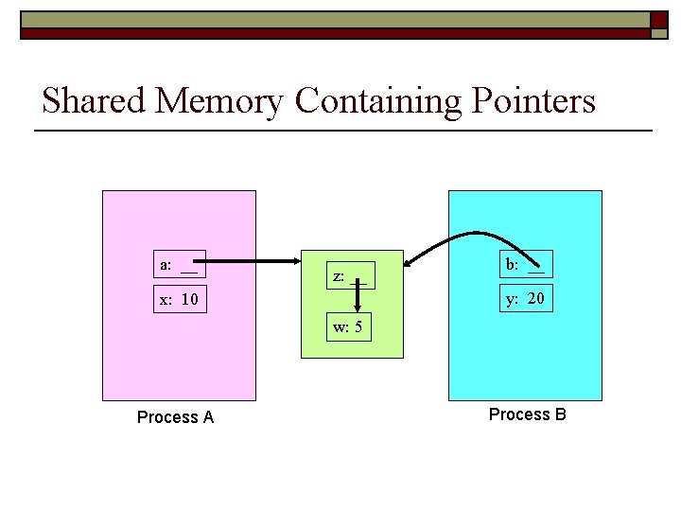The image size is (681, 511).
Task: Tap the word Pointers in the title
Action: (527, 100)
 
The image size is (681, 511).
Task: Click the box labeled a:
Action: (180, 265)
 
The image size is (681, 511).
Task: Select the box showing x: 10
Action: (180, 299)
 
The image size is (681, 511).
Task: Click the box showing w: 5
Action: (348, 328)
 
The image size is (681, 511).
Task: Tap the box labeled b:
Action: (526, 265)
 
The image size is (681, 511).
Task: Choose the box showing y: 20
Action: (526, 299)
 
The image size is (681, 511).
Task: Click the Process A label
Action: (175, 417)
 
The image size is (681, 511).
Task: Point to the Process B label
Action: (527, 414)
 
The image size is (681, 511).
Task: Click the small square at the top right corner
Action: (659, 20)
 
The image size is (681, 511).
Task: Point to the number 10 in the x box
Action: (189, 300)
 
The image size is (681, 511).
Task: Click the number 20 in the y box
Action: (535, 299)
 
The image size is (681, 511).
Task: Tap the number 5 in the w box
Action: (359, 328)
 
